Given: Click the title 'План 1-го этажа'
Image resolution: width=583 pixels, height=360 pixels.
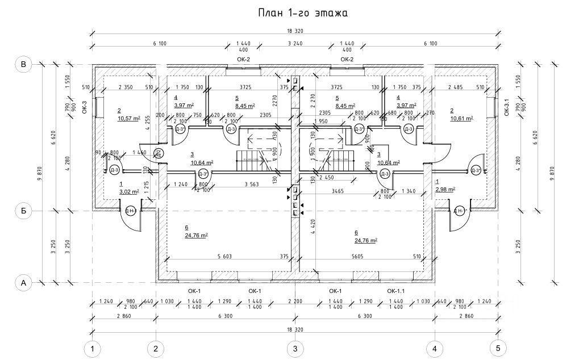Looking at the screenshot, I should coord(294,13).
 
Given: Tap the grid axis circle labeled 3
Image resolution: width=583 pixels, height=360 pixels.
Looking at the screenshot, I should coord(294,347).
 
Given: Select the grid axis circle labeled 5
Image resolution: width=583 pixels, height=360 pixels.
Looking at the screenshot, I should coord(498,347).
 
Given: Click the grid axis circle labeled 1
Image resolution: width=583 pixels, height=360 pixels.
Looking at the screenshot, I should coord(91,347).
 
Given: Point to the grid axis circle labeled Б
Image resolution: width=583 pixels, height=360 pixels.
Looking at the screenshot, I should coord(23,211).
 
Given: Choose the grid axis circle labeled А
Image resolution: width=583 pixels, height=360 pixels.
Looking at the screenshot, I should coord(23,282).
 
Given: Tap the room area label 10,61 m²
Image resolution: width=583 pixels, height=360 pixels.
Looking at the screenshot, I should coord(461,119).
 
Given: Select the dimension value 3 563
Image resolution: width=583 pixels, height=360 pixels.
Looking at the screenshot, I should coord(252,184).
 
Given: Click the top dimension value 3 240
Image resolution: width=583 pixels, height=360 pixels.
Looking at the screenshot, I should coord(294,44).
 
